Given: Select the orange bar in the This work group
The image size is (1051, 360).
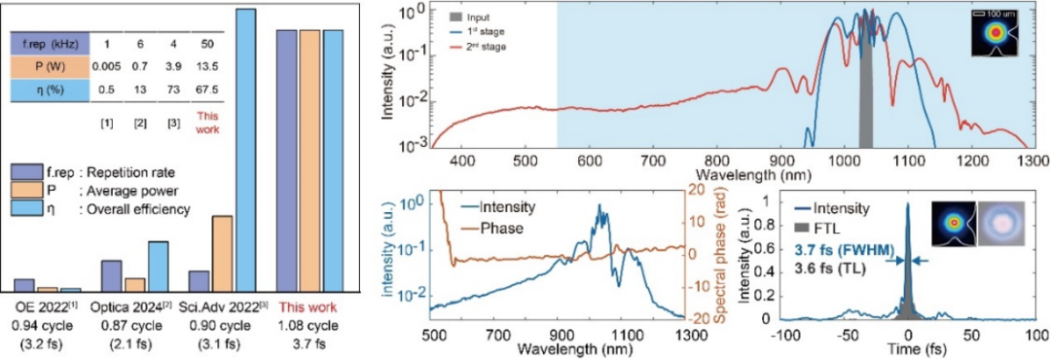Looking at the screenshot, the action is coord(309,161).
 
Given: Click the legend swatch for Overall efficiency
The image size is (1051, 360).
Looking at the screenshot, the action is coord(28,208).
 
